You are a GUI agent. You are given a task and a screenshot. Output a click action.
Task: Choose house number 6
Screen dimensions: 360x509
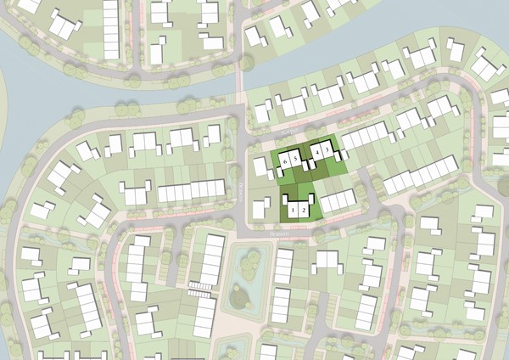point(286,159)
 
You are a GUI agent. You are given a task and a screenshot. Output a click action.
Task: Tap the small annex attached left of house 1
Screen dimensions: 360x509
point(283,202)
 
